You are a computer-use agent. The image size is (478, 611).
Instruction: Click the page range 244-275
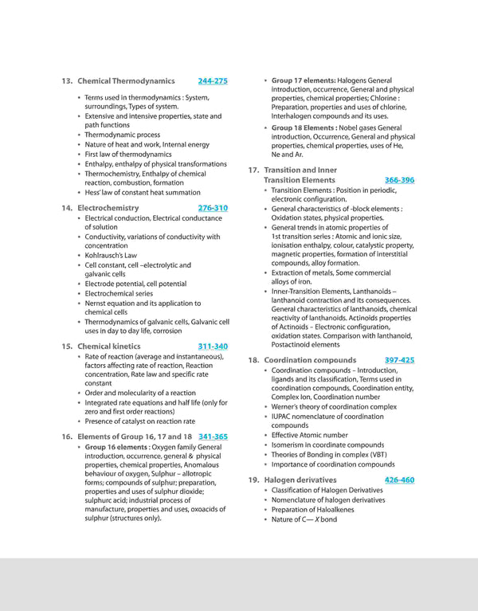pyautogui.click(x=213, y=81)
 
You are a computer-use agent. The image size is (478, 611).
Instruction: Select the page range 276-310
pyautogui.click(x=213, y=208)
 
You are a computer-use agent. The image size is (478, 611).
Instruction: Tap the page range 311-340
pyautogui.click(x=213, y=347)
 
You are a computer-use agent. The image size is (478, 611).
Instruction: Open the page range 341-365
pyautogui.click(x=213, y=437)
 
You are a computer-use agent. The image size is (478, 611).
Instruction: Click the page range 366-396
pyautogui.click(x=399, y=181)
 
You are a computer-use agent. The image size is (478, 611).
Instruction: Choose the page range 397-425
pyautogui.click(x=399, y=361)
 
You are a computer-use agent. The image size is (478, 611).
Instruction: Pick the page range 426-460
pyautogui.click(x=399, y=480)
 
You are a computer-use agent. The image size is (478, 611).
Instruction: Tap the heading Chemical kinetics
pyautogui.click(x=109, y=347)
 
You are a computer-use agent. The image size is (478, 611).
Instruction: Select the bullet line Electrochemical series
pyautogui.click(x=121, y=293)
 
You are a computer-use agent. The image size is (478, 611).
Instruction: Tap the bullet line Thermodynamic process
pyautogui.click(x=123, y=135)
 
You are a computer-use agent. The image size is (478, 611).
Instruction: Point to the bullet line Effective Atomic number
pyautogui.click(x=310, y=435)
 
